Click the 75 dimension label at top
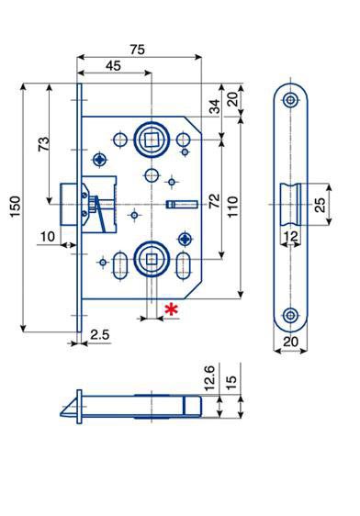click(x=137, y=50)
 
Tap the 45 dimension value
click(x=113, y=66)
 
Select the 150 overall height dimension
click(x=16, y=207)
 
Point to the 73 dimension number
click(x=44, y=143)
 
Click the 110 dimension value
click(x=232, y=207)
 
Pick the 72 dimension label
click(x=215, y=200)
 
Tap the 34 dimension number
click(x=215, y=107)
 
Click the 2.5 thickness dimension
click(x=100, y=335)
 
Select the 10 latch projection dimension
click(x=48, y=236)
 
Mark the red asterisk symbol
click(x=171, y=309)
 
